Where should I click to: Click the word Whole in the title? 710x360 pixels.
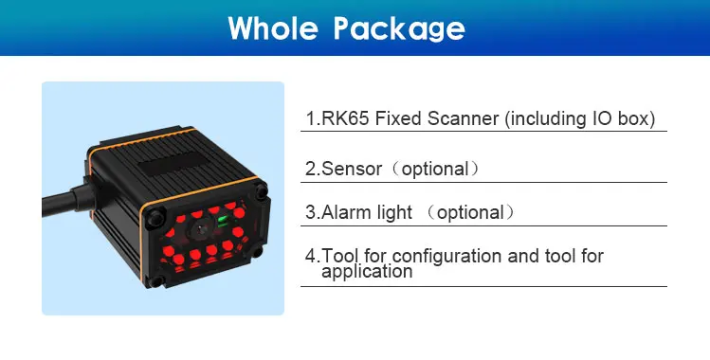274,27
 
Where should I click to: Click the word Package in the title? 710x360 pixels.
399,28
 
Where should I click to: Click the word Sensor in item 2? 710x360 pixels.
353,169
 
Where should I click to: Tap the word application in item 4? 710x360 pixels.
367,272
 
